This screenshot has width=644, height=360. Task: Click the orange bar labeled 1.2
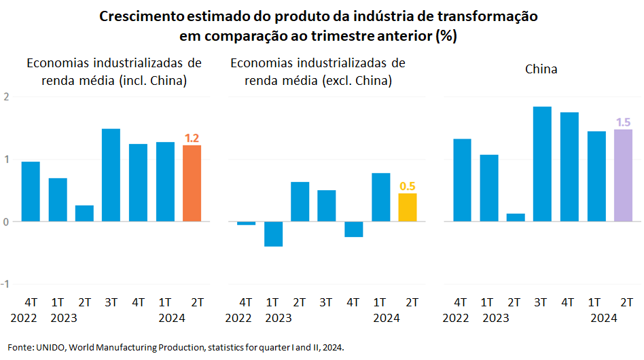192,183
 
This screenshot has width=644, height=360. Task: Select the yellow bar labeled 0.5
408,207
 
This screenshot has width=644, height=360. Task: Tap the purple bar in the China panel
623,175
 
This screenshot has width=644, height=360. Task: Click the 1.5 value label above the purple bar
623,122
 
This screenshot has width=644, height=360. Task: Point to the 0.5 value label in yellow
408,186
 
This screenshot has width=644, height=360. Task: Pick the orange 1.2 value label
192,138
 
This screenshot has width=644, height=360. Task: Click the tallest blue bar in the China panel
542,164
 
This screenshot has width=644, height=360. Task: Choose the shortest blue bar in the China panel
516,217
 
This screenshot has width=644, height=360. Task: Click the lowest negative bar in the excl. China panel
273,234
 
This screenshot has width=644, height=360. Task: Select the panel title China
541,69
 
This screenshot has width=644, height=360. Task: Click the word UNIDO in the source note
49,347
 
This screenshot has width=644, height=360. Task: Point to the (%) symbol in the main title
446,36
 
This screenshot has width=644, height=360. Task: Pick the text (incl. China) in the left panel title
153,81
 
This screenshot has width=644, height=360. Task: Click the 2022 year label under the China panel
456,318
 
